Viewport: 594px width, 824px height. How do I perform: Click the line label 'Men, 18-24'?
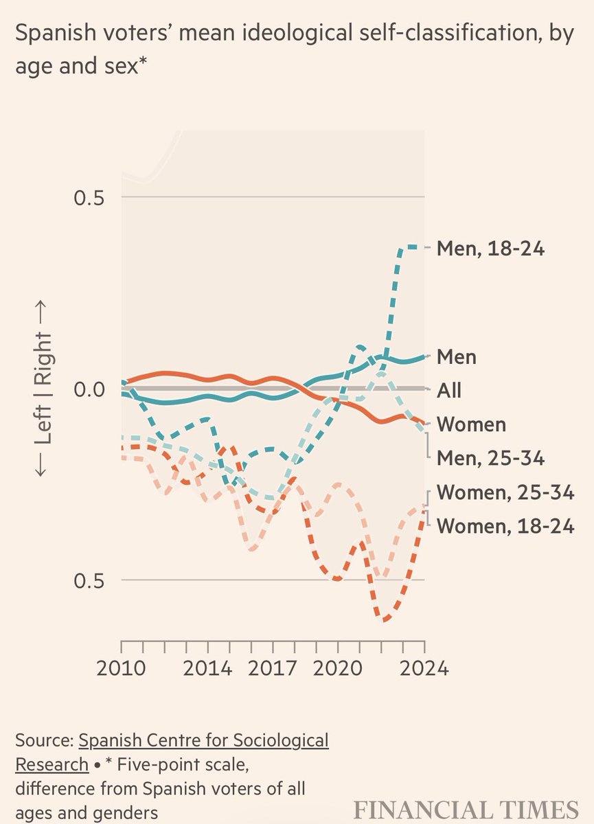[x=490, y=248]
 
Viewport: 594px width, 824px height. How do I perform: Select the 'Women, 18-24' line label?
[x=505, y=527]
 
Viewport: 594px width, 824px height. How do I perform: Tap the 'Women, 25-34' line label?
[x=505, y=492]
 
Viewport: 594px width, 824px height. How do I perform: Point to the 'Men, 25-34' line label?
[x=490, y=457]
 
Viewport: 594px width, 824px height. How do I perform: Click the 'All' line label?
[x=449, y=391]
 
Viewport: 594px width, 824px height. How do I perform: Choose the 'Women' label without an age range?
[x=471, y=424]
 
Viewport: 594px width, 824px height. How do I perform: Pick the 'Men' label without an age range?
[x=457, y=357]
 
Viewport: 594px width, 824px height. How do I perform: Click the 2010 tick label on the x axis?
[x=121, y=668]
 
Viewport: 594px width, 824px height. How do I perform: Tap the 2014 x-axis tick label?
[x=207, y=668]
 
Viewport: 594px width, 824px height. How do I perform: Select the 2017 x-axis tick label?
[x=273, y=668]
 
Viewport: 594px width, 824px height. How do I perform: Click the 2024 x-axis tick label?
[x=424, y=668]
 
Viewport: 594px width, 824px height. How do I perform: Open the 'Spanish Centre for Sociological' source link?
[x=203, y=741]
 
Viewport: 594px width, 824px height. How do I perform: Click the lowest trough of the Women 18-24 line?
[x=385, y=620]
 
